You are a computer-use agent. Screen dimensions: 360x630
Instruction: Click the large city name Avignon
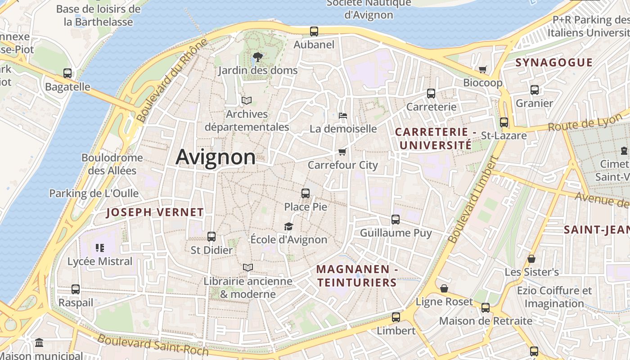(x=216, y=157)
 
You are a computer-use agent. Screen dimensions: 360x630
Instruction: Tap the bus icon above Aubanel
(x=314, y=31)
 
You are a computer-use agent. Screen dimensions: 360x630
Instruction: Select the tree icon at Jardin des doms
(x=258, y=57)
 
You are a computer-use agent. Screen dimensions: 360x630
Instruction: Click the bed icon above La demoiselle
(x=343, y=116)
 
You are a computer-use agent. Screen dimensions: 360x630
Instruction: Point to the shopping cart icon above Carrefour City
(x=342, y=152)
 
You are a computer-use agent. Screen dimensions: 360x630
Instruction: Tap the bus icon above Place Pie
(x=306, y=193)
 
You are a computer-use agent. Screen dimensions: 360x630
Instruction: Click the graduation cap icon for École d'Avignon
(x=288, y=226)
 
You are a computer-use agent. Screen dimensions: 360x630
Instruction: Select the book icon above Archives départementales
(x=246, y=100)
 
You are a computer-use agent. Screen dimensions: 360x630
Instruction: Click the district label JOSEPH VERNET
(x=155, y=212)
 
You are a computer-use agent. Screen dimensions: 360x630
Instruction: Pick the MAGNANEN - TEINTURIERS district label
(x=357, y=276)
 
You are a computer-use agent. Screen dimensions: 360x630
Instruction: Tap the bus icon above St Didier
(x=211, y=236)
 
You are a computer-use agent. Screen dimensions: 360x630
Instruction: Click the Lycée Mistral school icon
(x=100, y=247)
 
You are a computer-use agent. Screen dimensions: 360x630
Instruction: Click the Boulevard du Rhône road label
(x=172, y=81)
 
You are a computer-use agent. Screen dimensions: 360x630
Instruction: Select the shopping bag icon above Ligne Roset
(x=444, y=288)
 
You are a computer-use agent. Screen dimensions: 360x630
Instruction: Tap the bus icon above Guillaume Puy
(x=396, y=220)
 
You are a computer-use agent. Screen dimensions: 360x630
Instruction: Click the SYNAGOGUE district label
(x=554, y=63)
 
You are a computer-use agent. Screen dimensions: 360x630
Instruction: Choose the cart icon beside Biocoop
(x=483, y=69)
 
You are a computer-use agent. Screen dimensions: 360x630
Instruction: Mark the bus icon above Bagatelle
(x=67, y=73)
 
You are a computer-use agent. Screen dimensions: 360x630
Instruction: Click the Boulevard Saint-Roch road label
(x=153, y=345)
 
